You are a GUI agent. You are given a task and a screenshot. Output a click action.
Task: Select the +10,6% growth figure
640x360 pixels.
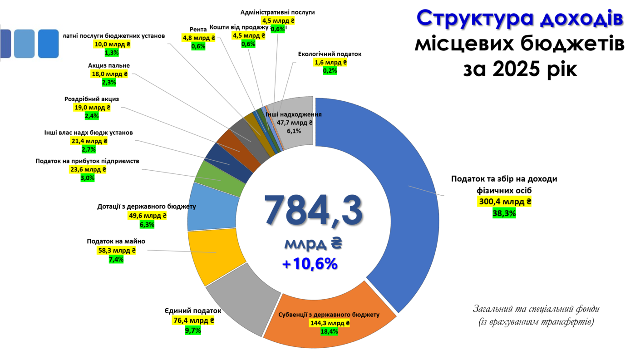(310, 264)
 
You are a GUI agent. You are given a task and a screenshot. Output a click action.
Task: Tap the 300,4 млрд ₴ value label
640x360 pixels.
(504, 202)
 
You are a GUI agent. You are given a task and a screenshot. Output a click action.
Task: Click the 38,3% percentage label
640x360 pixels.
(504, 213)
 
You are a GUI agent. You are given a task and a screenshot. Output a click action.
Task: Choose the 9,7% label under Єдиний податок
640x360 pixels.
(192, 330)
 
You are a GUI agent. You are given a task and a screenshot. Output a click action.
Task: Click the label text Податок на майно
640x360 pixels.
(116, 241)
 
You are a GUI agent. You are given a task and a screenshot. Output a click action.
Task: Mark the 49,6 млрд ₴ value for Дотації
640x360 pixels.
(148, 216)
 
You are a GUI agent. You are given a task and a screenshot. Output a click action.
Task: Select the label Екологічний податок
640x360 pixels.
(330, 54)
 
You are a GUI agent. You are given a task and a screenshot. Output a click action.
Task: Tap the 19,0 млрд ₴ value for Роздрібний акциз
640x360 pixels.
(92, 108)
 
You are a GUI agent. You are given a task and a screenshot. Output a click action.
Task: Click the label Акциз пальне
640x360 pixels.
(109, 65)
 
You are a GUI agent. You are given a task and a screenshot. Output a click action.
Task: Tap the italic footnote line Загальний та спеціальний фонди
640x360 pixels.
(536, 309)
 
